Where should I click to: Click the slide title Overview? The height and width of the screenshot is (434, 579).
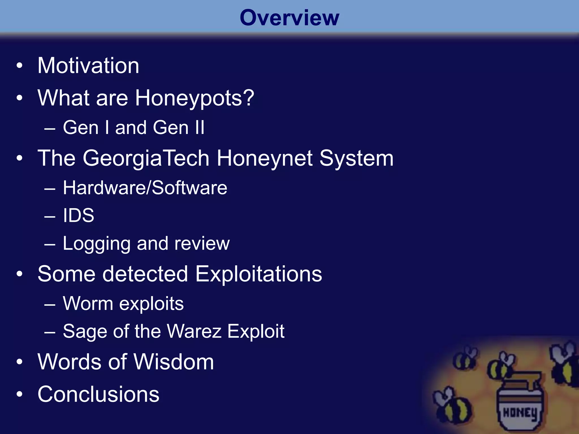(x=289, y=18)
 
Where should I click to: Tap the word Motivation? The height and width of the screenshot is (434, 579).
(x=88, y=66)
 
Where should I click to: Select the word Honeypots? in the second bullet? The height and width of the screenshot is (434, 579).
(x=195, y=98)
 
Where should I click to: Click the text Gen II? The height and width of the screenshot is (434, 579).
(x=178, y=127)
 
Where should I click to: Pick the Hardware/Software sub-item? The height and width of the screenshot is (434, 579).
(x=145, y=188)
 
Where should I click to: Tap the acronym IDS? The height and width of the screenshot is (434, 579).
(x=78, y=215)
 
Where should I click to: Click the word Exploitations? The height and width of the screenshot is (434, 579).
(x=258, y=274)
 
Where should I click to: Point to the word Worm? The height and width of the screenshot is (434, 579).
(x=88, y=303)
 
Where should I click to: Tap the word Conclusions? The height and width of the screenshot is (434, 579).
(x=98, y=394)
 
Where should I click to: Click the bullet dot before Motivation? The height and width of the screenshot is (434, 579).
(x=19, y=66)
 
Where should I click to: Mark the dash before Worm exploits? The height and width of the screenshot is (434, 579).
(x=50, y=304)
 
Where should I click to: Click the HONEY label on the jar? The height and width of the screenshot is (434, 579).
(x=520, y=413)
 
